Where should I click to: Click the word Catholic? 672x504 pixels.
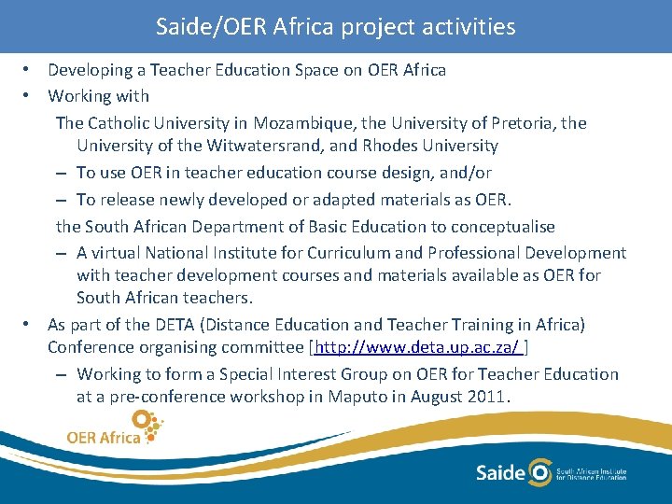[124, 123]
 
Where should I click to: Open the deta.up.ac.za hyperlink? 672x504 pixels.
[421, 348]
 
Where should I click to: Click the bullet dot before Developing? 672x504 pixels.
[30, 70]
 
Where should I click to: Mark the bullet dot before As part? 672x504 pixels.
[30, 325]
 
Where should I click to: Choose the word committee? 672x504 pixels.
[253, 348]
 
